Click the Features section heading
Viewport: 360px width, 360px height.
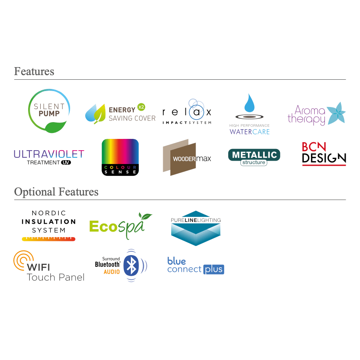(x=34, y=71)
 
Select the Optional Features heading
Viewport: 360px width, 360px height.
(x=56, y=192)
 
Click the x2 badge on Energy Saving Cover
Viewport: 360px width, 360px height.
(x=141, y=107)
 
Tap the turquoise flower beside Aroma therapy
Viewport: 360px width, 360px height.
(x=336, y=113)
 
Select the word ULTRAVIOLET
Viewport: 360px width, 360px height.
(x=49, y=154)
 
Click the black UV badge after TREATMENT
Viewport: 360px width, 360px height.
(x=65, y=162)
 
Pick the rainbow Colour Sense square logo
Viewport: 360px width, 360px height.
(x=120, y=157)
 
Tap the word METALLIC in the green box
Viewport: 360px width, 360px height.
(x=254, y=154)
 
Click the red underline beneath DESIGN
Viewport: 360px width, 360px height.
(x=324, y=165)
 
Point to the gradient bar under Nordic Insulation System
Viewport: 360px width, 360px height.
(x=49, y=239)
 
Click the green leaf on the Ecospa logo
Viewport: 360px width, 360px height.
(x=145, y=217)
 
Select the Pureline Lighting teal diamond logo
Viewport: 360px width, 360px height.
(x=196, y=228)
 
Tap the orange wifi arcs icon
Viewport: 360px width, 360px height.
(x=21, y=260)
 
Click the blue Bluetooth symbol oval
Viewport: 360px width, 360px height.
(x=131, y=265)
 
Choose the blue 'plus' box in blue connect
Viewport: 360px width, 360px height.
(x=214, y=269)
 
